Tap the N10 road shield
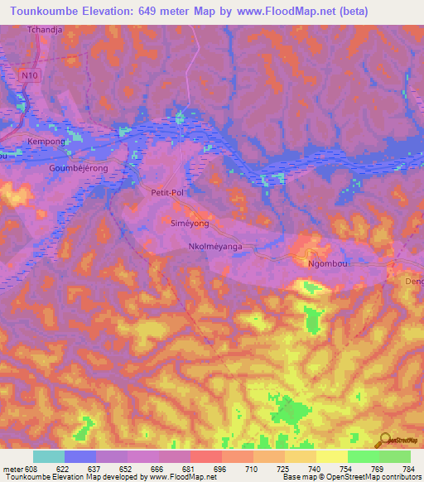(x=29, y=75)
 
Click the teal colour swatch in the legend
(x=49, y=456)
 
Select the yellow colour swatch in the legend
(x=331, y=456)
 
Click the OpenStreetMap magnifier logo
(x=383, y=441)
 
